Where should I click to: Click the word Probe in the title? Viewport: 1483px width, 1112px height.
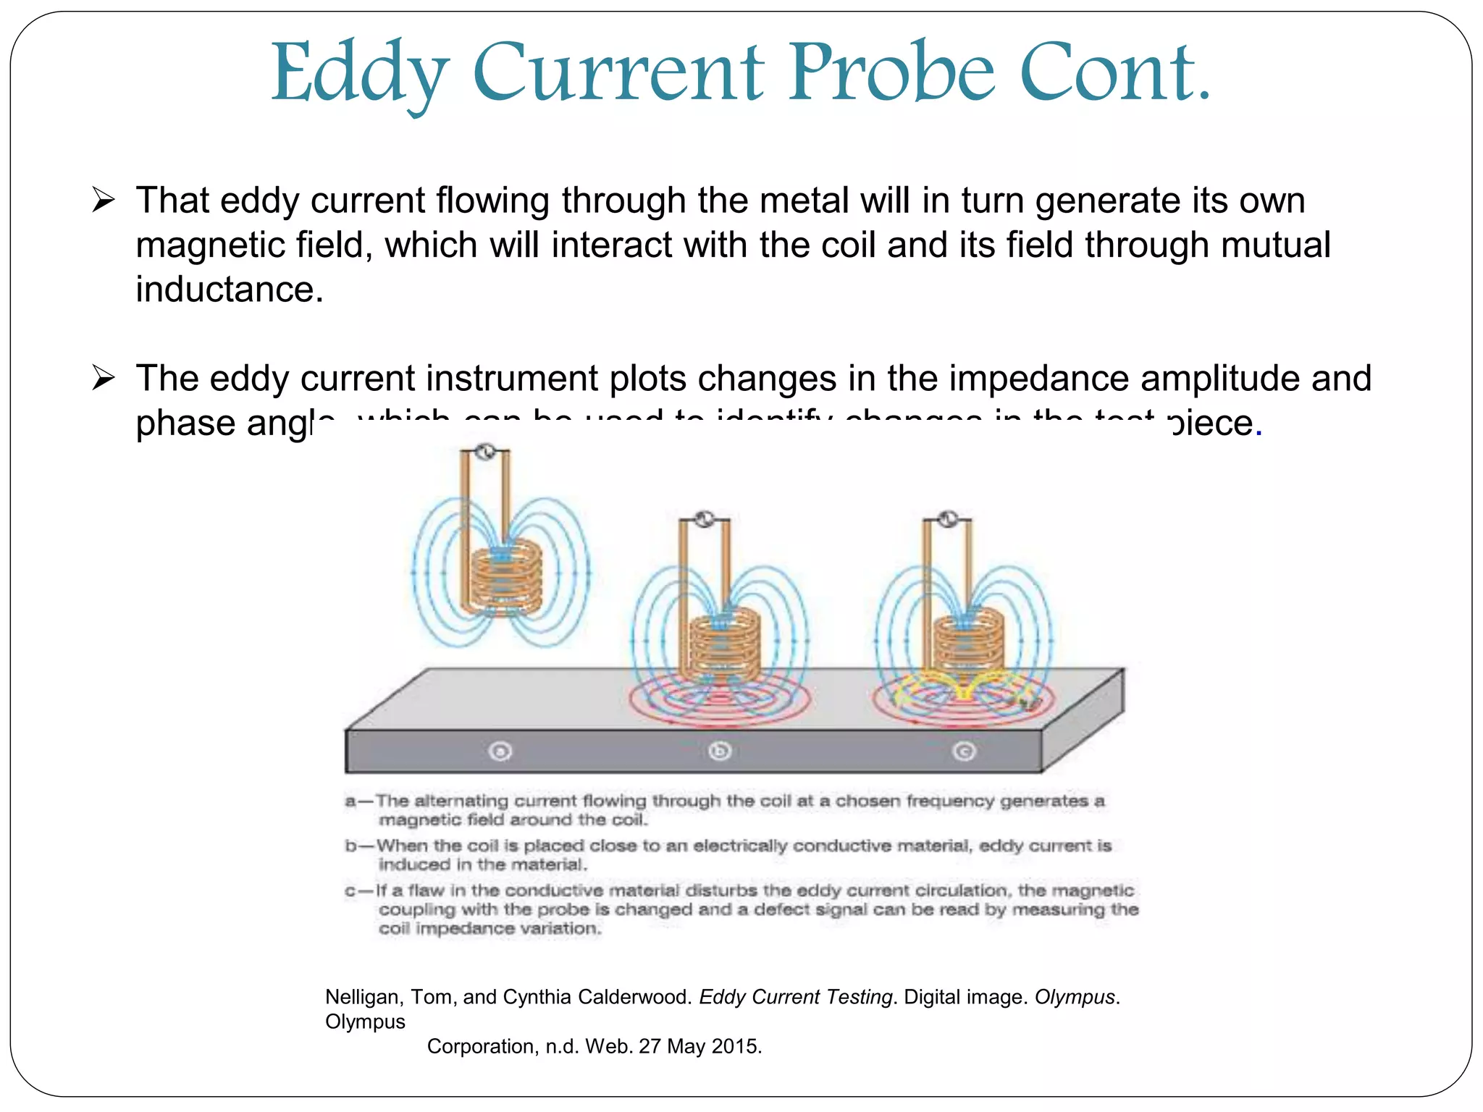pyautogui.click(x=892, y=72)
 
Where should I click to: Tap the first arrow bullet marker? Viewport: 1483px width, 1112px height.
pyautogui.click(x=104, y=201)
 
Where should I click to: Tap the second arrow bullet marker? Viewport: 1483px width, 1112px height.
pyautogui.click(x=104, y=378)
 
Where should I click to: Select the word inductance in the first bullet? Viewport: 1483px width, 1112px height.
pyautogui.click(x=229, y=290)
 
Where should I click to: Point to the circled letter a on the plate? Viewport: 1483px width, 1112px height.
pyautogui.click(x=500, y=751)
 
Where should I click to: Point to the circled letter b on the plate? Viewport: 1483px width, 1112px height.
pyautogui.click(x=720, y=751)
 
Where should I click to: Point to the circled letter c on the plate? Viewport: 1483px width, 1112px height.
pyautogui.click(x=964, y=751)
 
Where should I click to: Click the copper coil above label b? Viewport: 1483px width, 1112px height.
pyautogui.click(x=724, y=644)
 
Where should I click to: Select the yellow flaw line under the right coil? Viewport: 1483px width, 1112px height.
pyautogui.click(x=963, y=691)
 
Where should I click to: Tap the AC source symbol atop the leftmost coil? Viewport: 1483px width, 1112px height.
pyautogui.click(x=486, y=452)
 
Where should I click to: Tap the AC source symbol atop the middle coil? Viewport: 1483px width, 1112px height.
pyautogui.click(x=704, y=519)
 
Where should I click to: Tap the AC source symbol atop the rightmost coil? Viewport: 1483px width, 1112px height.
pyautogui.click(x=947, y=519)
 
